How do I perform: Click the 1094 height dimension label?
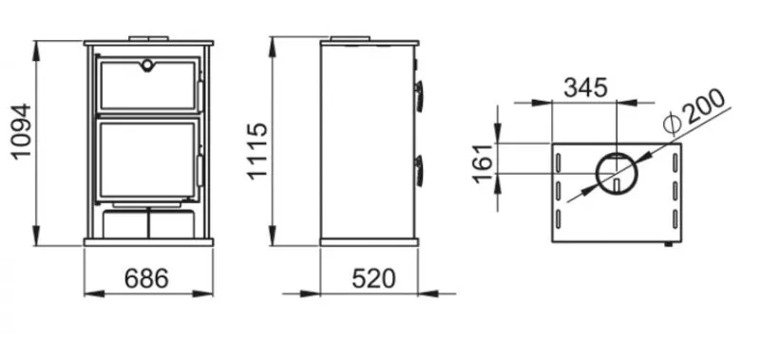pyautogui.click(x=21, y=132)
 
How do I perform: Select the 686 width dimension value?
pyautogui.click(x=146, y=279)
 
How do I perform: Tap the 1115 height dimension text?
pyautogui.click(x=257, y=151)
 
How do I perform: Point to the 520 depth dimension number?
pyautogui.click(x=373, y=279)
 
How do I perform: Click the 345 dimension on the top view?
pyautogui.click(x=585, y=87)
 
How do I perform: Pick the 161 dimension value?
pyautogui.click(x=484, y=163)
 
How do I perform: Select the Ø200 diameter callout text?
pyautogui.click(x=693, y=111)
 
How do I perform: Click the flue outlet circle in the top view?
pyautogui.click(x=617, y=174)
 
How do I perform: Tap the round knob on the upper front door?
pyautogui.click(x=146, y=64)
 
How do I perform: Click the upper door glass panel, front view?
pyautogui.click(x=147, y=85)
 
